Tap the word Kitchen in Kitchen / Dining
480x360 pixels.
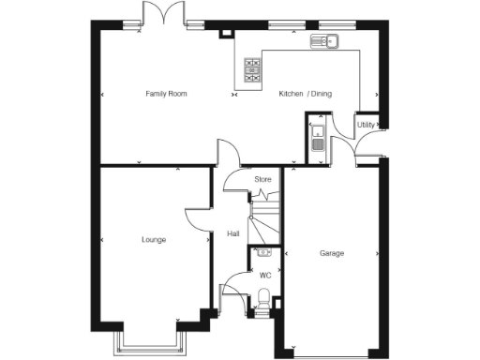[291, 94]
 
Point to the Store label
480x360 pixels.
[262, 178]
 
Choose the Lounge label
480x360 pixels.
[154, 240]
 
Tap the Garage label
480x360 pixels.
[332, 253]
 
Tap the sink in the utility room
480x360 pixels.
[318, 140]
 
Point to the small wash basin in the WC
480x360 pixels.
[263, 252]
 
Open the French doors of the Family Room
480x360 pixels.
[155, 13]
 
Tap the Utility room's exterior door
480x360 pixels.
[368, 148]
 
